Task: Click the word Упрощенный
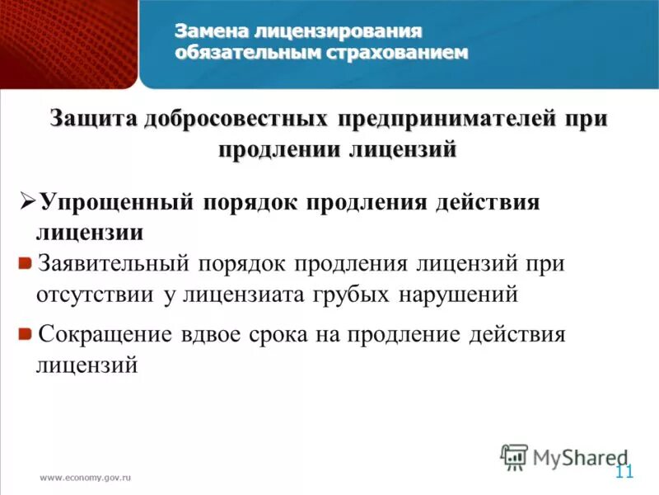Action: [x=115, y=202]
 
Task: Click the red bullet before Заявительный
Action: [x=26, y=263]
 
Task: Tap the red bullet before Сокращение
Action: [x=26, y=333]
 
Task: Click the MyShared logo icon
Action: [x=514, y=455]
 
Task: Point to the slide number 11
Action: [x=624, y=472]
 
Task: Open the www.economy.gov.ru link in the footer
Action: [x=86, y=478]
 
